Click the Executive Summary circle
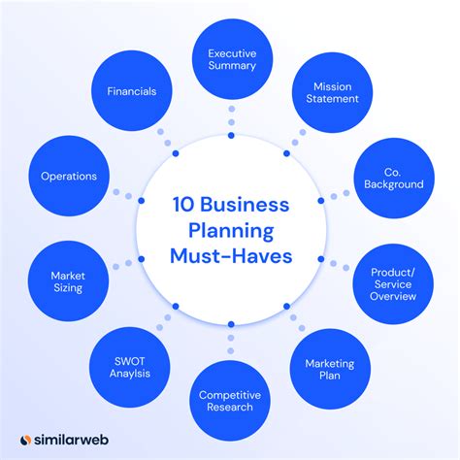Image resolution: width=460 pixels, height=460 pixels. (x=232, y=59)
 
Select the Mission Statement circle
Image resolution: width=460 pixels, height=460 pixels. (x=333, y=92)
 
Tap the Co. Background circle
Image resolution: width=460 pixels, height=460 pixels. (x=394, y=178)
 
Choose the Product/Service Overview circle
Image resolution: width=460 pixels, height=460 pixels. (x=393, y=284)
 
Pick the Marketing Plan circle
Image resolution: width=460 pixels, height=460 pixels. (x=330, y=369)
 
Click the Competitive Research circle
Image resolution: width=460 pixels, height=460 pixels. (x=230, y=401)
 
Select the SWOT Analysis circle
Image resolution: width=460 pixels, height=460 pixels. (x=129, y=368)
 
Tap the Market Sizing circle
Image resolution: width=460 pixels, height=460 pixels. (x=68, y=281)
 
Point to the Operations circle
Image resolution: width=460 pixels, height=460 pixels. (x=69, y=176)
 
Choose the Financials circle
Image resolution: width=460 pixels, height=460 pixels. (x=132, y=91)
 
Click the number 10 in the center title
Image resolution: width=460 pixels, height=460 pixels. (x=183, y=205)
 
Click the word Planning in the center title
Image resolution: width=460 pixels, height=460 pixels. (x=231, y=231)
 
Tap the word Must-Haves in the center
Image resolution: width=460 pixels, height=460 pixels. (x=231, y=256)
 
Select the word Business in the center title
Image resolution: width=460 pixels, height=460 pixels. (x=245, y=205)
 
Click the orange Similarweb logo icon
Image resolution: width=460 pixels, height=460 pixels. (x=25, y=440)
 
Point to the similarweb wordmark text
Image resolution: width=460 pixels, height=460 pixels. (x=71, y=440)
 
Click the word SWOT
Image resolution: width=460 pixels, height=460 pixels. (x=130, y=361)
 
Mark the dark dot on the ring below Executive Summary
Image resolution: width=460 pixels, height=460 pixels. (x=231, y=136)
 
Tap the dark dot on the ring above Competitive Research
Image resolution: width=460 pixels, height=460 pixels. (x=231, y=324)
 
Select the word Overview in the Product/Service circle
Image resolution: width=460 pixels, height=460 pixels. (x=393, y=296)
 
